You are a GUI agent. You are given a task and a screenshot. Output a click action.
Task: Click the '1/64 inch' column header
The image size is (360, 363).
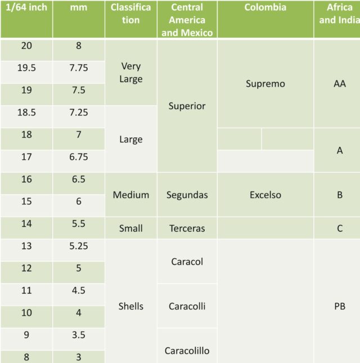(x=26, y=8)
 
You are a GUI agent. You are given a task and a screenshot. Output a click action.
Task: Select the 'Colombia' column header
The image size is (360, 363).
(x=265, y=8)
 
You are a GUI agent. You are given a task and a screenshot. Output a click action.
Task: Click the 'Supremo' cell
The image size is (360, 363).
(x=265, y=84)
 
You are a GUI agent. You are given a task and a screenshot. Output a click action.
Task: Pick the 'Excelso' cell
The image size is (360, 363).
(x=265, y=195)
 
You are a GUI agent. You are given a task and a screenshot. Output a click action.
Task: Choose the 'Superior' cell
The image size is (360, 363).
(x=187, y=106)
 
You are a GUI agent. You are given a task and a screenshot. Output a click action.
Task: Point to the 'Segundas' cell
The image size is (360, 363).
(x=187, y=195)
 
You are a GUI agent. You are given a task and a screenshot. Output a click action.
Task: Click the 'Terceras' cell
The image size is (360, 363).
(x=187, y=228)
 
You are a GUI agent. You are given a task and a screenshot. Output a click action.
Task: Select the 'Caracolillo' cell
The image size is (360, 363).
(x=187, y=351)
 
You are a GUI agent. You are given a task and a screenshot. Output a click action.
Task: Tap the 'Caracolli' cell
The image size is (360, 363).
(x=187, y=306)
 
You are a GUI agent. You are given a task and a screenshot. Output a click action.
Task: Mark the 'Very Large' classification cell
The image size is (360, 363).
(x=131, y=73)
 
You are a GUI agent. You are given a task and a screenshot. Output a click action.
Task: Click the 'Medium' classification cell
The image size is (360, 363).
(x=131, y=195)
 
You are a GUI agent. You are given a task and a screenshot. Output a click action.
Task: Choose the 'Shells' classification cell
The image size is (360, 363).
(x=131, y=306)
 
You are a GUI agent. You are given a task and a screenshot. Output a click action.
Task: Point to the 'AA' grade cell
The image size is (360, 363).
(x=339, y=84)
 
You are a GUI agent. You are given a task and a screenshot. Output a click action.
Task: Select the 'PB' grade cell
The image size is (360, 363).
(x=339, y=306)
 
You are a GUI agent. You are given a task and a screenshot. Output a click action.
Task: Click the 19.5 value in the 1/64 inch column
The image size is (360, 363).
(x=26, y=68)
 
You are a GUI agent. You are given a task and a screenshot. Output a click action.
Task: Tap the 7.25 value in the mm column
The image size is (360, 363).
(x=79, y=113)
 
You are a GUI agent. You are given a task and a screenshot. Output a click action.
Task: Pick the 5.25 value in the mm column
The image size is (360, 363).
(x=79, y=246)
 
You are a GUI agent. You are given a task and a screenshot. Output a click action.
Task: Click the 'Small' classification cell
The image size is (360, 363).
(x=131, y=228)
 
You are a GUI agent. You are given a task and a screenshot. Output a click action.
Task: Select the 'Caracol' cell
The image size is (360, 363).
(x=187, y=262)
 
